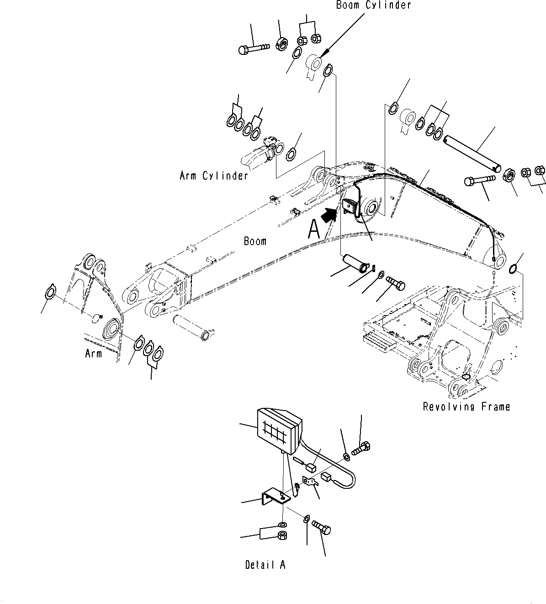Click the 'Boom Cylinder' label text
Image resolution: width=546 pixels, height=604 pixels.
coord(373,5)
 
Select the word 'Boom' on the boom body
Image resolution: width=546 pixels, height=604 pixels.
coord(255,241)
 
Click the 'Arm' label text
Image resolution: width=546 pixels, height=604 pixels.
coord(93,353)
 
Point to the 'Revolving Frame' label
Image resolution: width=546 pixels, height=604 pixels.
coord(466,406)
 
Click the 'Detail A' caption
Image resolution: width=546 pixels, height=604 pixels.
coord(265,565)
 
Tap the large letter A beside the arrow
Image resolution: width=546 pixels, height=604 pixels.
coord(314,229)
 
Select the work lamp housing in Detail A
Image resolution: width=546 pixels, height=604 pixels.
coord(278,430)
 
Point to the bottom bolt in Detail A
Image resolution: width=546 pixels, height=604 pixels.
coord(322,529)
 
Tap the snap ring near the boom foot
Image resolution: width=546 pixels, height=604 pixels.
coord(515,268)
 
